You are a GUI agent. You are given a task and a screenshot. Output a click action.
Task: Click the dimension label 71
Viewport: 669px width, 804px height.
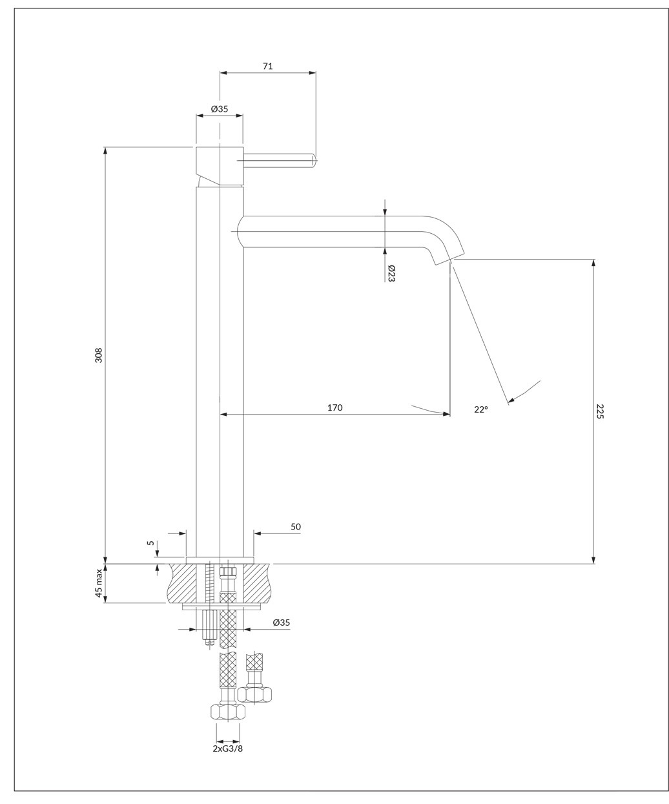(x=268, y=67)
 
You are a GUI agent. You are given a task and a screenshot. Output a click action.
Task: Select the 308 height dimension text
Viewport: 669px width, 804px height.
(x=99, y=355)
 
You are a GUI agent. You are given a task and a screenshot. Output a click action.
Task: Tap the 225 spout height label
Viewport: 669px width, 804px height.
(x=600, y=411)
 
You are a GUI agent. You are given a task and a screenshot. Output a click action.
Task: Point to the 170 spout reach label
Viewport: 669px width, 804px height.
(x=334, y=407)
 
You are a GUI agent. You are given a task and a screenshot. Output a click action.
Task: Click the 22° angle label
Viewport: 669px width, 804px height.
(x=481, y=409)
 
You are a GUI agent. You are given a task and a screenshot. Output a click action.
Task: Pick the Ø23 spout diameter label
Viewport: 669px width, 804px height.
(x=391, y=273)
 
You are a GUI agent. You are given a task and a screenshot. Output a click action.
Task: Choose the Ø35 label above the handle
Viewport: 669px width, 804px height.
(x=220, y=109)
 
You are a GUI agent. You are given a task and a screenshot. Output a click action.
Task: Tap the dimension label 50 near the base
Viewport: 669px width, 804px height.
(x=296, y=527)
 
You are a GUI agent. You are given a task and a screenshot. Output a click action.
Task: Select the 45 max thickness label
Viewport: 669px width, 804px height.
(x=99, y=583)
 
